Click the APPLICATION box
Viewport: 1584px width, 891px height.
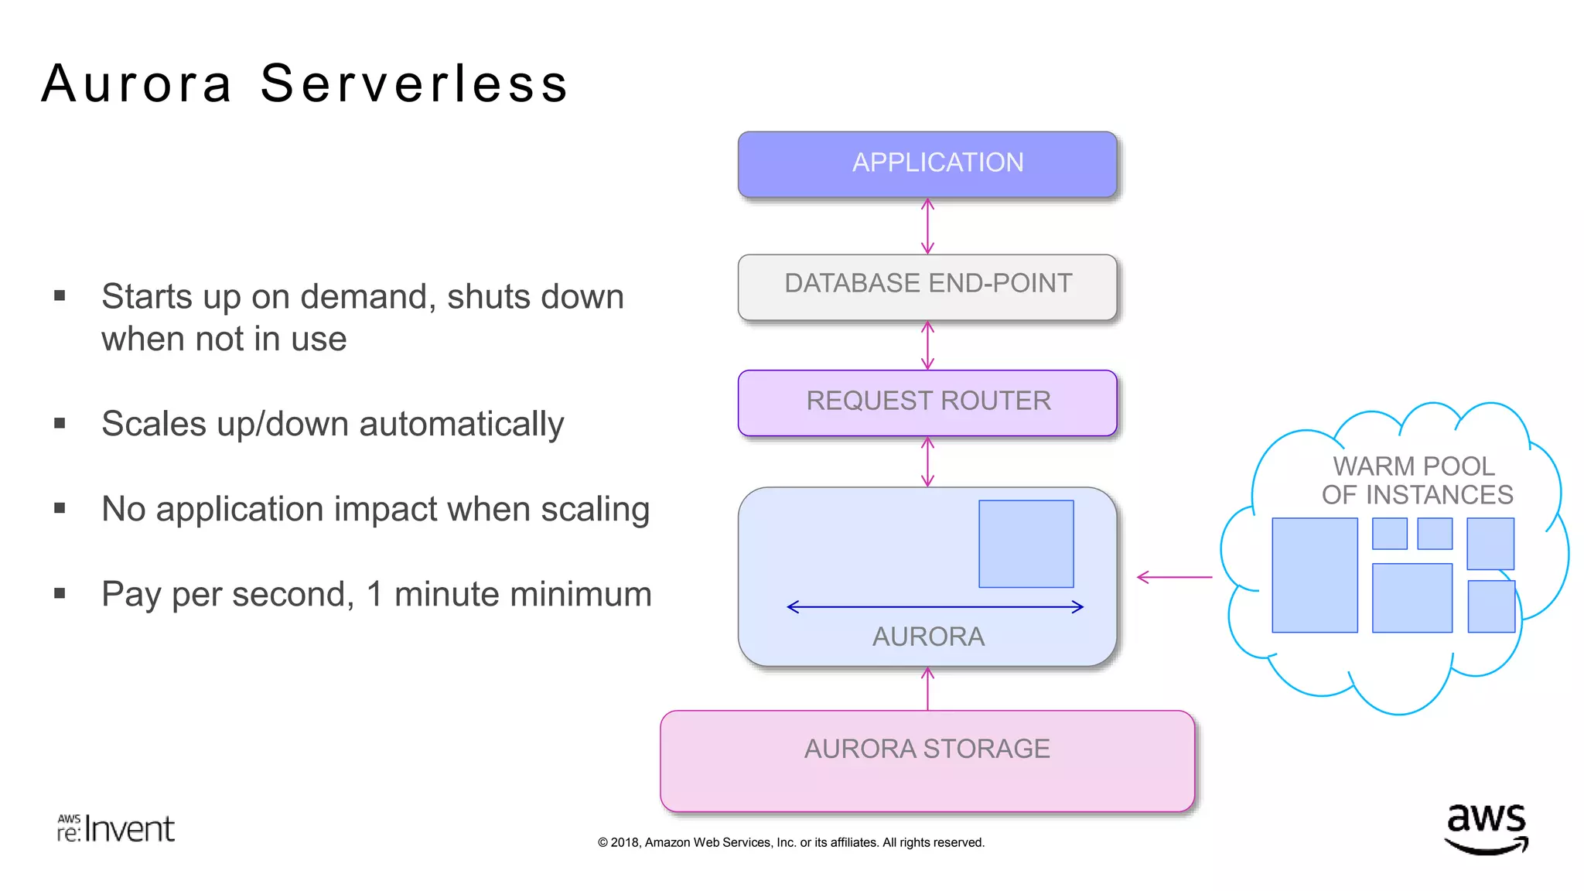927,163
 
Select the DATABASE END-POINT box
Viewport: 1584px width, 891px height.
927,285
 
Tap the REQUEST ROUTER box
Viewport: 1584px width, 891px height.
927,402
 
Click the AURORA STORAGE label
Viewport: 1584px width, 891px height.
927,749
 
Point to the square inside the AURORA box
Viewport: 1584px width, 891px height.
1026,544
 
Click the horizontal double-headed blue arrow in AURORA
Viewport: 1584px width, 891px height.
934,607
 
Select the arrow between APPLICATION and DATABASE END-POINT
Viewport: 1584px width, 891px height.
927,226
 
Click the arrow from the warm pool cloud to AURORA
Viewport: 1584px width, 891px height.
1174,577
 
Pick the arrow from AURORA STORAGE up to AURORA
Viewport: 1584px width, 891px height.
927,688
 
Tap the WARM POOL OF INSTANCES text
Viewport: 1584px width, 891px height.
1416,480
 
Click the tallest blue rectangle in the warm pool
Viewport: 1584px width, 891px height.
1314,575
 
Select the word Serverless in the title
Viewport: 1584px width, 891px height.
414,84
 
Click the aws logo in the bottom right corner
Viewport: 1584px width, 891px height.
1486,829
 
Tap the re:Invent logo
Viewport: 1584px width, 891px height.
116,829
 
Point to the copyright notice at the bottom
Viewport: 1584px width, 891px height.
790,842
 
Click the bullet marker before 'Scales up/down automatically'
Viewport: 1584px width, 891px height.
60,423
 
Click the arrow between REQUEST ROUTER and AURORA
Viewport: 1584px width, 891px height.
927,462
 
